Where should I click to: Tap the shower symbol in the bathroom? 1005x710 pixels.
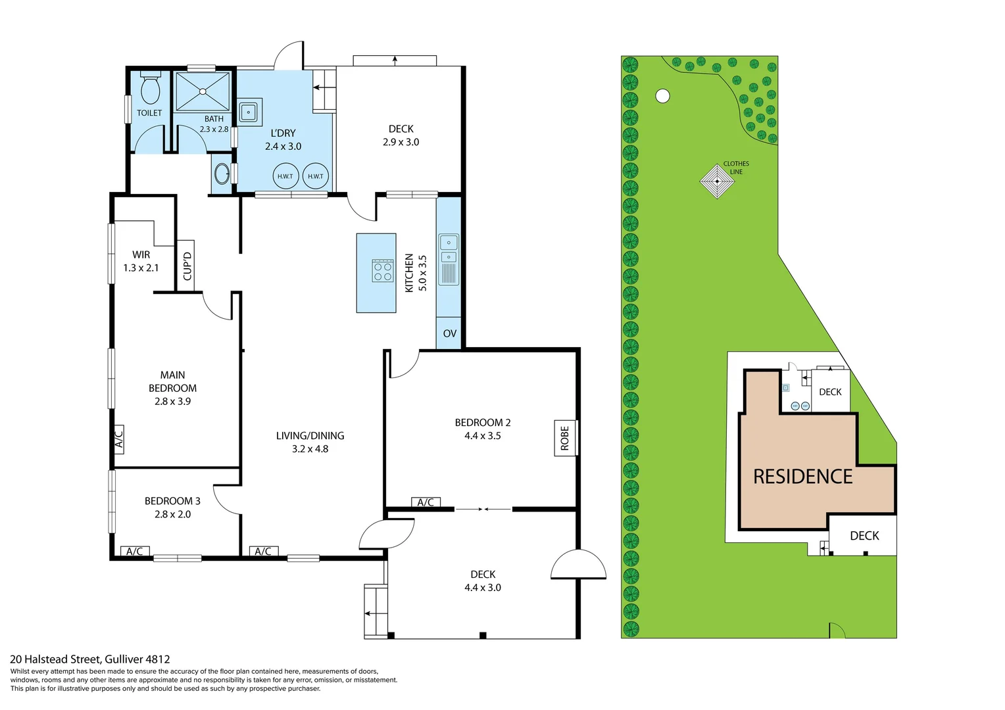[x=202, y=91]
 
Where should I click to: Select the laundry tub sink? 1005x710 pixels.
[x=249, y=112]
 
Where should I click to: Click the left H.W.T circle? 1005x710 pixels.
[x=285, y=176]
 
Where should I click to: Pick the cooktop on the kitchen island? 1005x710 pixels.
[x=383, y=271]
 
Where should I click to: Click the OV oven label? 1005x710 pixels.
[x=449, y=333]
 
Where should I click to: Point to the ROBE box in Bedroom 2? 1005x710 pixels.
[x=565, y=438]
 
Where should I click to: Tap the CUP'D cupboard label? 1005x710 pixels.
[x=187, y=266]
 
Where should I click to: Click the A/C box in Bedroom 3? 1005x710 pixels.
[x=135, y=552]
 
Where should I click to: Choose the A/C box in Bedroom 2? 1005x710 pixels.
[x=426, y=502]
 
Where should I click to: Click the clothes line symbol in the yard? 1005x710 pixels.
[x=717, y=181]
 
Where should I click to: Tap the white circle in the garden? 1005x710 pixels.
[x=663, y=96]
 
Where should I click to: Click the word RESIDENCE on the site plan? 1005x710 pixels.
[x=802, y=477]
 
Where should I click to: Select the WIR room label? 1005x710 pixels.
[x=141, y=254]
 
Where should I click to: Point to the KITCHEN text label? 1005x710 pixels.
[x=409, y=273]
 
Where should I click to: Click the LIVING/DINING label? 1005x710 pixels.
[x=310, y=436]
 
